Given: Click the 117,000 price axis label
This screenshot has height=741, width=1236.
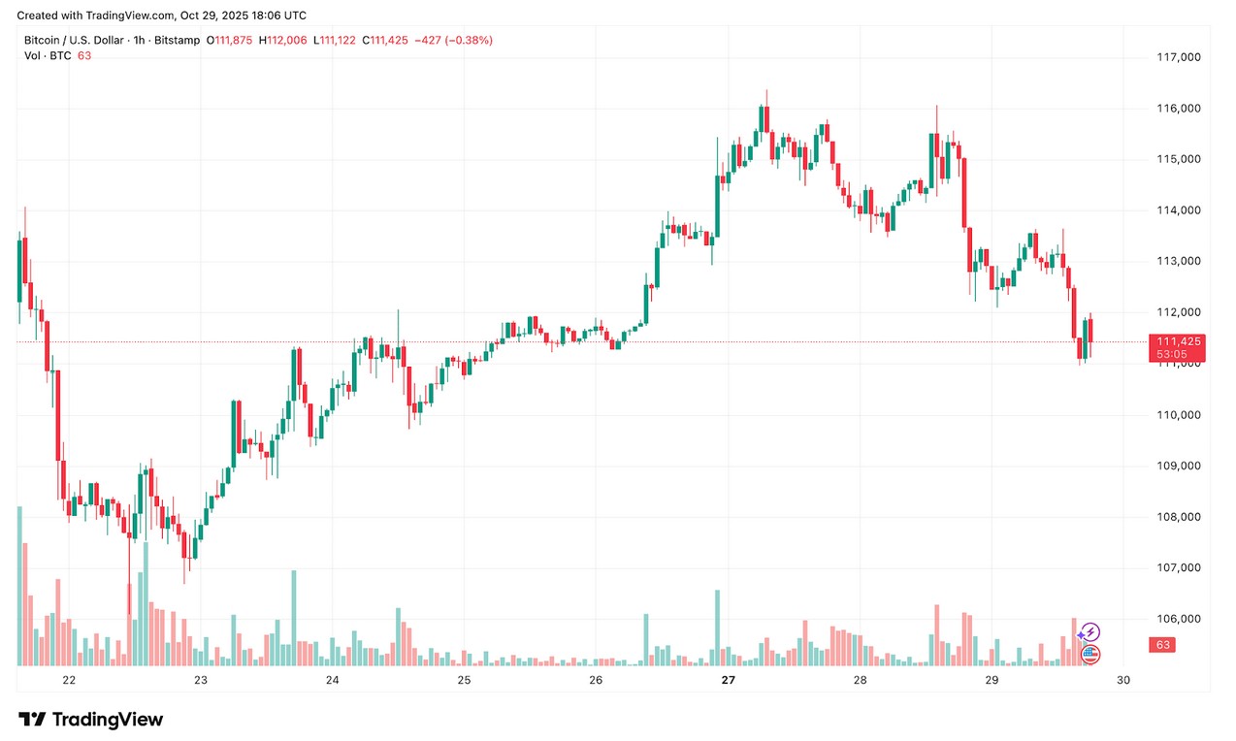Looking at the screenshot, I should tap(1179, 57).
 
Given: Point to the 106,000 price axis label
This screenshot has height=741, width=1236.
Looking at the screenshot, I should tap(1179, 619).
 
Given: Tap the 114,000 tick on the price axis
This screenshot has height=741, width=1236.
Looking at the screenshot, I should tap(1179, 210).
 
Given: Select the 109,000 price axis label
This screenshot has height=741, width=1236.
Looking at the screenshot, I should tap(1179, 466).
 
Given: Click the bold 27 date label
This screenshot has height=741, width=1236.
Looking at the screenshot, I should tap(728, 681).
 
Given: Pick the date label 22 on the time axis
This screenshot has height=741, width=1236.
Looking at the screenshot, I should tap(69, 681).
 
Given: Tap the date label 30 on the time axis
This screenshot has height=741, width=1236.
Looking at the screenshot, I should tap(1123, 681).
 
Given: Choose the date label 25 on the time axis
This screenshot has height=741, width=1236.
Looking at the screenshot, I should tap(464, 681).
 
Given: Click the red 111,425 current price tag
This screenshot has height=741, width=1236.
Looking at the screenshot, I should tap(1174, 341).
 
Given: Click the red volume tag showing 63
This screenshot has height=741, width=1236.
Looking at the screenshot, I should tap(1162, 645).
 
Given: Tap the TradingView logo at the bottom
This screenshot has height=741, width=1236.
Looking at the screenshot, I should tap(91, 720).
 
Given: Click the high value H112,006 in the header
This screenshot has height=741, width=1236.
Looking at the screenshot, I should tap(282, 40).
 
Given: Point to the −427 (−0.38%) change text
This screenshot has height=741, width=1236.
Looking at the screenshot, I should tap(453, 40).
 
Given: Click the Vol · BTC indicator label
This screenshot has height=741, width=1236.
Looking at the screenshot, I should tap(48, 55).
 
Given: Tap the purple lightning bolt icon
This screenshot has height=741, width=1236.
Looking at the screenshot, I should tap(1090, 632).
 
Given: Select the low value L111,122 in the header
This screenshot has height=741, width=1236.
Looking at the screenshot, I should tap(334, 40).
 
